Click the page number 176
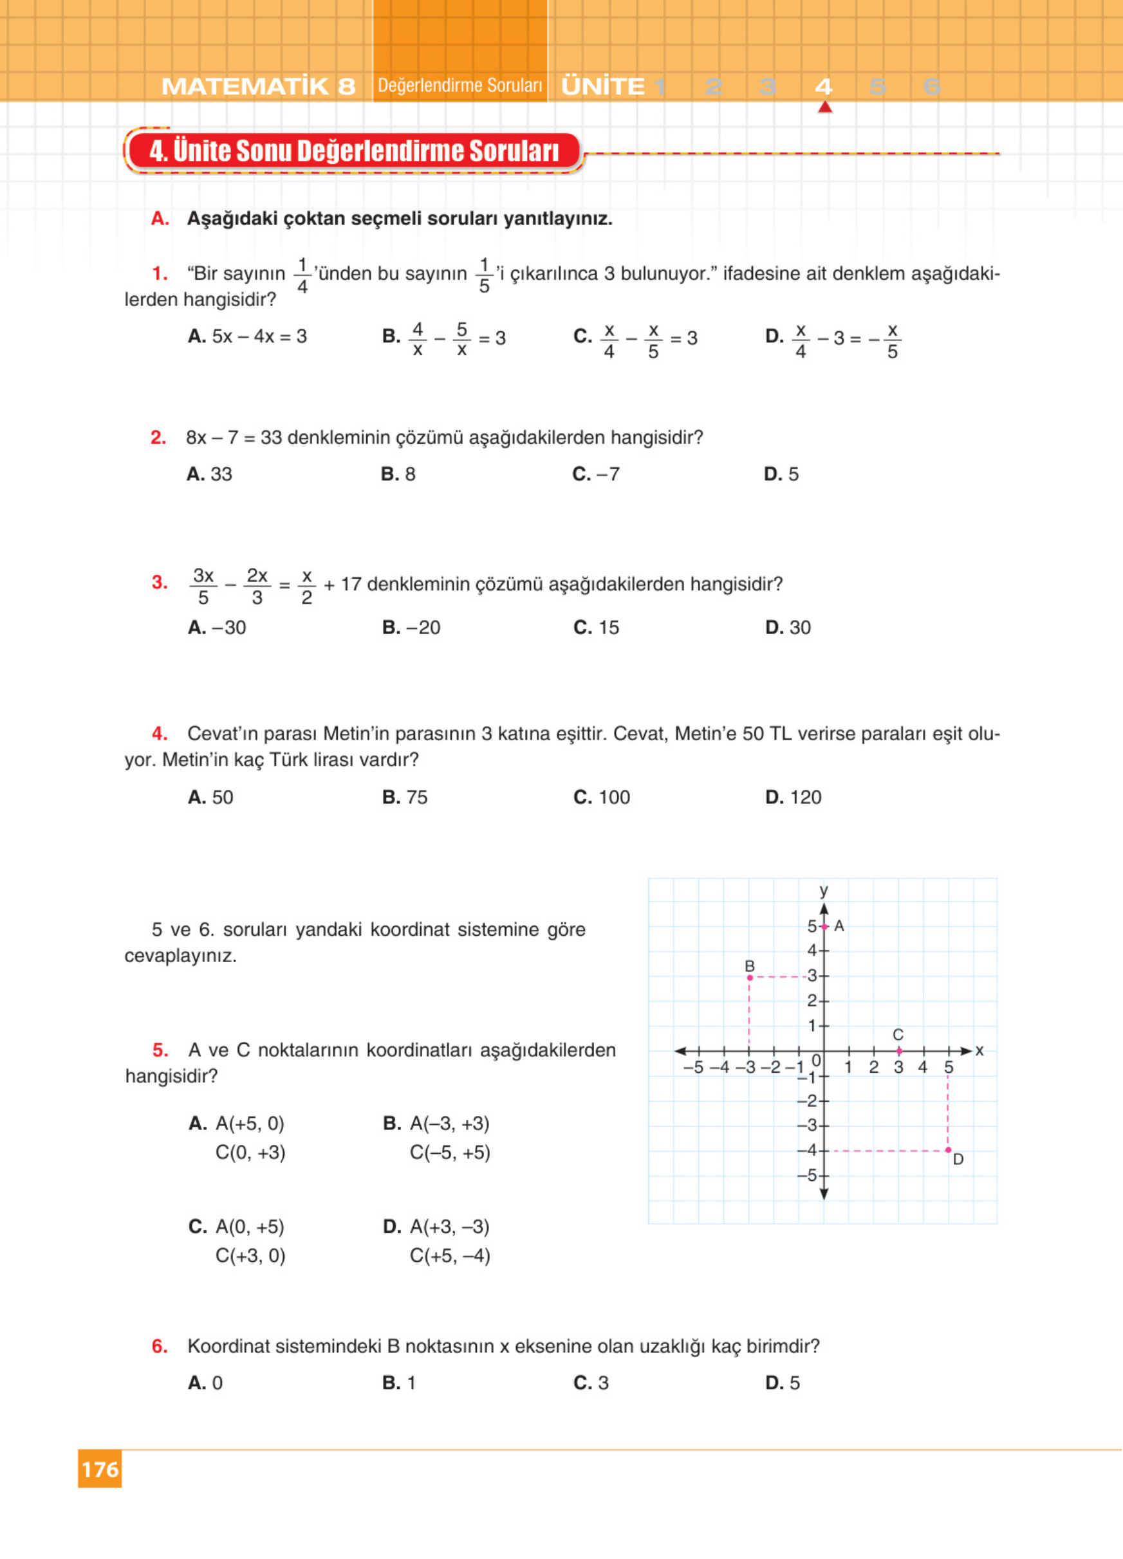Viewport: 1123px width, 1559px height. click(x=100, y=1469)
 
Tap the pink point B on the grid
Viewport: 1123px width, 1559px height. click(x=750, y=977)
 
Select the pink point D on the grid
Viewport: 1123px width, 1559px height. click(x=949, y=1150)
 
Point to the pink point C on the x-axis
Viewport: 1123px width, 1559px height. click(x=899, y=1051)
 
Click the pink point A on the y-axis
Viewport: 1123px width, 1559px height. click(x=824, y=927)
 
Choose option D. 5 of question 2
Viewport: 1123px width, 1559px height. click(x=781, y=474)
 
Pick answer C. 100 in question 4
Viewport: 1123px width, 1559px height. click(x=602, y=798)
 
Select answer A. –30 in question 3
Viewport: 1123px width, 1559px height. click(x=218, y=628)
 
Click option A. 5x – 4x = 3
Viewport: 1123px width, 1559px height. click(x=248, y=337)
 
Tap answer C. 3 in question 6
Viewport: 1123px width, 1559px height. click(x=591, y=1383)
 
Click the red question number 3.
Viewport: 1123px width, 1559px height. click(x=160, y=583)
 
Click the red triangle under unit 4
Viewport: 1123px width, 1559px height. click(x=825, y=107)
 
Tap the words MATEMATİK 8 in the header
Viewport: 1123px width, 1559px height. click(x=259, y=87)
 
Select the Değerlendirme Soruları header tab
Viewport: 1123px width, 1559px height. click(x=460, y=86)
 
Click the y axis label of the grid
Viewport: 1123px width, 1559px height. click(x=824, y=891)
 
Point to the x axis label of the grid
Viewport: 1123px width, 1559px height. click(x=980, y=1050)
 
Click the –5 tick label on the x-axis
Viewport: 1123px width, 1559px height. click(x=693, y=1068)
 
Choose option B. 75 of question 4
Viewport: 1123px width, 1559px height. click(x=405, y=798)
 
